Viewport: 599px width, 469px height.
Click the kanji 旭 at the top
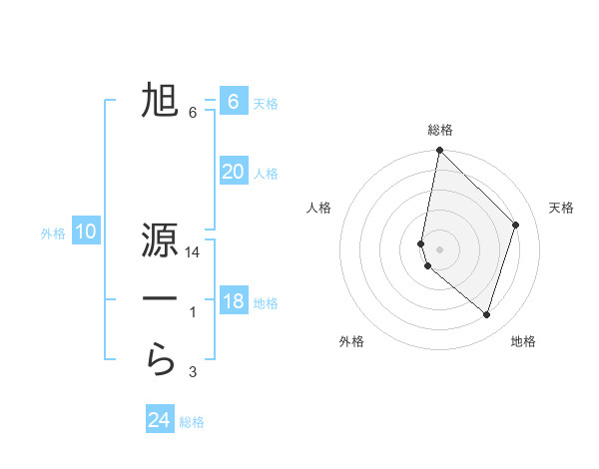click(x=160, y=101)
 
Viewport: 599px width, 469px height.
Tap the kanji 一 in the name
click(x=160, y=298)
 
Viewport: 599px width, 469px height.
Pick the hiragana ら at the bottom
click(x=160, y=359)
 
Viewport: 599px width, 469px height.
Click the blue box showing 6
click(x=233, y=101)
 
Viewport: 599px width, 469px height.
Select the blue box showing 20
click(x=233, y=171)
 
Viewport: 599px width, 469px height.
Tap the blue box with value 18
click(x=233, y=300)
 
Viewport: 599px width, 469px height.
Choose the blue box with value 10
click(x=86, y=233)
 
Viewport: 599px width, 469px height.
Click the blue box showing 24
click(x=160, y=420)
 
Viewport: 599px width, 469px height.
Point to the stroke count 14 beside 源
click(x=193, y=252)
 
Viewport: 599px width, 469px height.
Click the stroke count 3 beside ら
click(x=193, y=373)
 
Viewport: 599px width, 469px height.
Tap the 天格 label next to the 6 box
click(x=266, y=103)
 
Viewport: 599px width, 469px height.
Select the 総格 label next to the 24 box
click(x=192, y=422)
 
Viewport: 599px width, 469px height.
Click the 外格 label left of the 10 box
click(x=53, y=234)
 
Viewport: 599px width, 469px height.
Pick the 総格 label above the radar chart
click(x=440, y=130)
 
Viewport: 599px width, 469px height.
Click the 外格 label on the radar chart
click(x=351, y=341)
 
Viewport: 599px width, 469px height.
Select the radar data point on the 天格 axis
click(x=516, y=225)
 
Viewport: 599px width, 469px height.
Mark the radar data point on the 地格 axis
click(x=486, y=314)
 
